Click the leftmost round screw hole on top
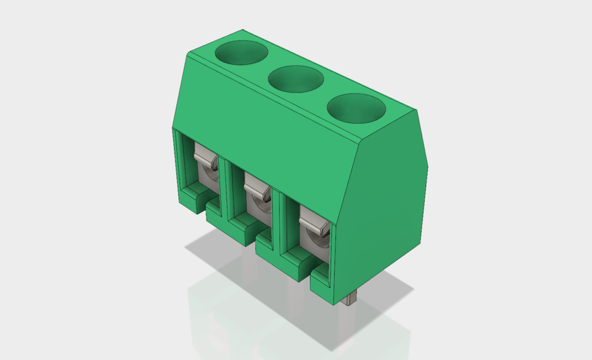tap(240, 52)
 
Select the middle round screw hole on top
tap(296, 80)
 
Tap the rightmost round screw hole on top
tap(356, 108)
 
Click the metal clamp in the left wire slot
tap(206, 162)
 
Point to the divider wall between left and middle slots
tap(226, 185)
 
